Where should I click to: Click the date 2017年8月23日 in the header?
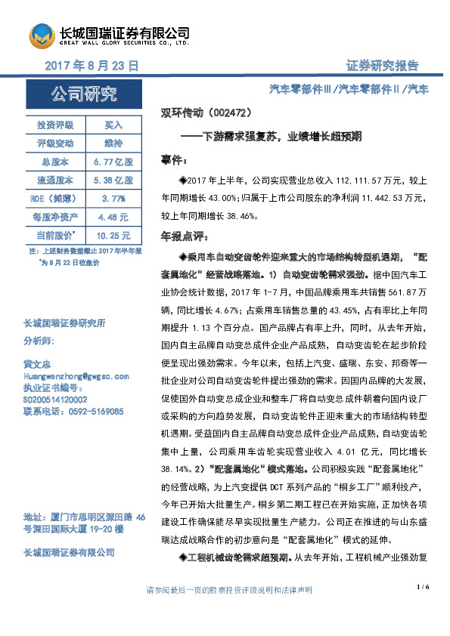click(x=92, y=66)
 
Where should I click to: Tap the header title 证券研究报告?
click(x=382, y=66)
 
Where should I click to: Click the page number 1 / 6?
click(x=422, y=586)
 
